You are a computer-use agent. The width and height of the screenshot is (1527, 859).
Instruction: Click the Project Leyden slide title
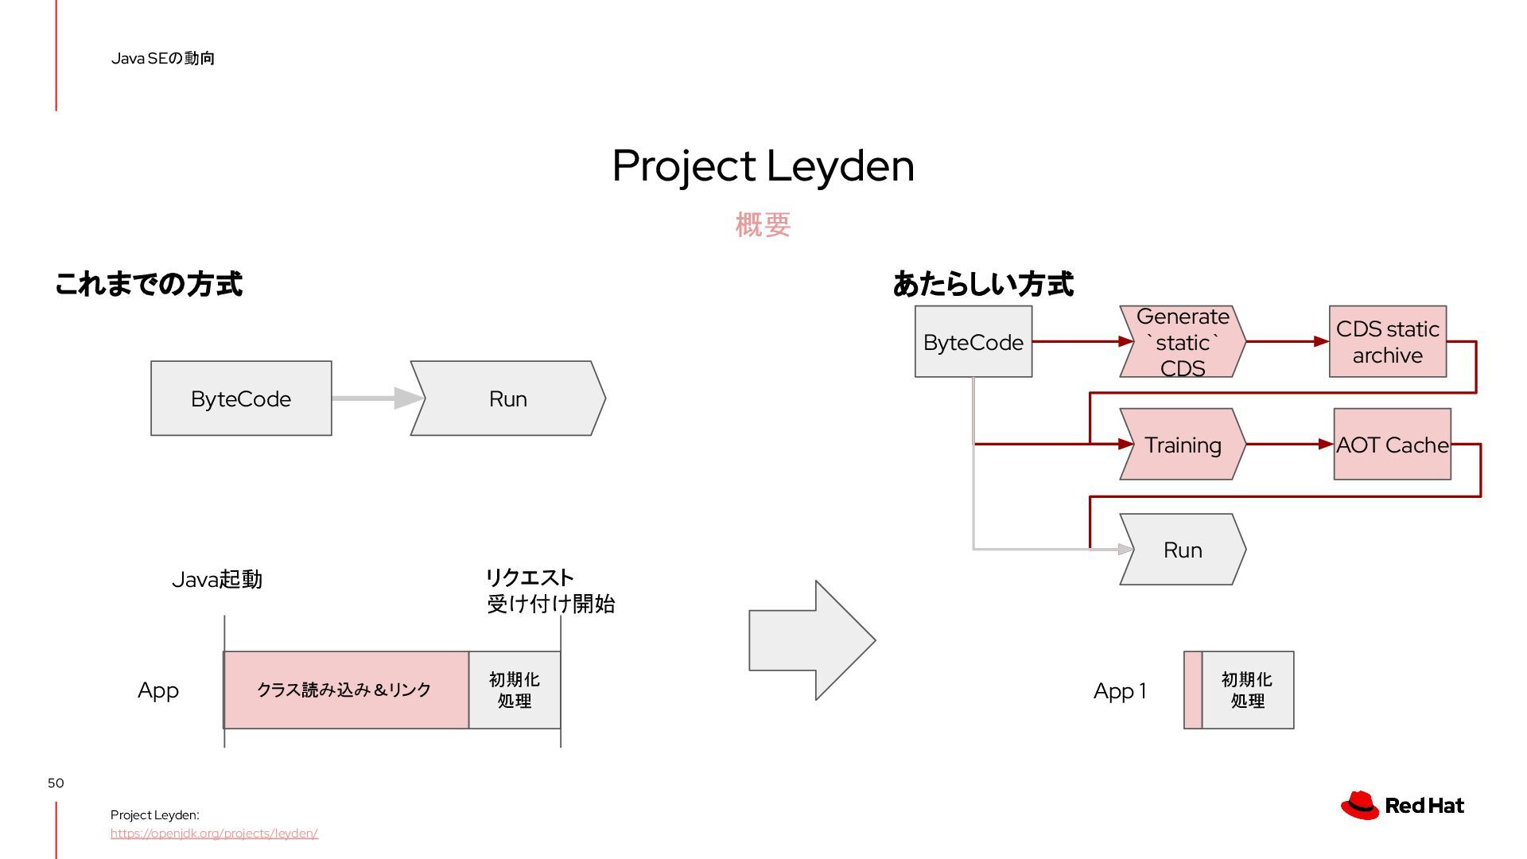(763, 166)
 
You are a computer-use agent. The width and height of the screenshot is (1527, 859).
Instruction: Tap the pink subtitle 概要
(763, 225)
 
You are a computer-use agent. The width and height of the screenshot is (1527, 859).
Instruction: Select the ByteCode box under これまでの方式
(241, 398)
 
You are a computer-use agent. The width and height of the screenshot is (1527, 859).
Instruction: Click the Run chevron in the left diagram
(508, 398)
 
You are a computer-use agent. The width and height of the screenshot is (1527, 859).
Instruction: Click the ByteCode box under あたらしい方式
(973, 342)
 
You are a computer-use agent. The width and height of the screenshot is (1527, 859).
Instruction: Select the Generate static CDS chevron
(1183, 342)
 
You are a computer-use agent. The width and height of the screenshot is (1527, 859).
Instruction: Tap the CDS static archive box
(1388, 342)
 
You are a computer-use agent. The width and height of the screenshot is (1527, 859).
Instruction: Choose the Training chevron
(1183, 445)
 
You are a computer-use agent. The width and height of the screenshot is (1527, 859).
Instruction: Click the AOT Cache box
(1393, 445)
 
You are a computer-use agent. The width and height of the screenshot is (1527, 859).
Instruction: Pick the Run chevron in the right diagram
(1183, 550)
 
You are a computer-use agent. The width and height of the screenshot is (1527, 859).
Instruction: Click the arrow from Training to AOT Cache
(1288, 445)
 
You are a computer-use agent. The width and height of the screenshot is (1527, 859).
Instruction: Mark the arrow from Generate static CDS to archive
(1287, 341)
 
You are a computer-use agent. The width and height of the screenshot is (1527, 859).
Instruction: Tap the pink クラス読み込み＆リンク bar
(346, 690)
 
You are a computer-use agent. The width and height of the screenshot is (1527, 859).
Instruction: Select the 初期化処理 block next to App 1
(1247, 690)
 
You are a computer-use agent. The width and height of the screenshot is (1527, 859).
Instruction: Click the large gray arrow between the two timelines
(811, 640)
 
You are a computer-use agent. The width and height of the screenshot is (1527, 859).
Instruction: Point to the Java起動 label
(216, 580)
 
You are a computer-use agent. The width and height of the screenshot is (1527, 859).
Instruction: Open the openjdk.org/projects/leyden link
(214, 834)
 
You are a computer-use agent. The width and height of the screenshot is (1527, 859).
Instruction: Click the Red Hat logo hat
(1360, 805)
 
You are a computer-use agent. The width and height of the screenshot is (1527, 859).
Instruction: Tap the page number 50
(56, 783)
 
